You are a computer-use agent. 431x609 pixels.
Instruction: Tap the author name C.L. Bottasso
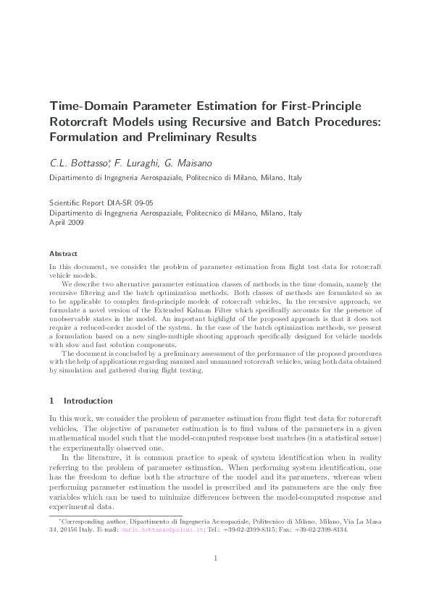coord(76,161)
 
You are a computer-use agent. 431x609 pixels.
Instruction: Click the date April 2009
coord(66,223)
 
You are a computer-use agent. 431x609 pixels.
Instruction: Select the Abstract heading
coord(63,254)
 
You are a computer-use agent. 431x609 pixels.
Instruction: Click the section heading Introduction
coord(88,400)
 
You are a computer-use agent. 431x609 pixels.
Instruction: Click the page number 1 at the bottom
coord(215,578)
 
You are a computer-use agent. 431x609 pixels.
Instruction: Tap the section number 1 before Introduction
coord(51,400)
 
